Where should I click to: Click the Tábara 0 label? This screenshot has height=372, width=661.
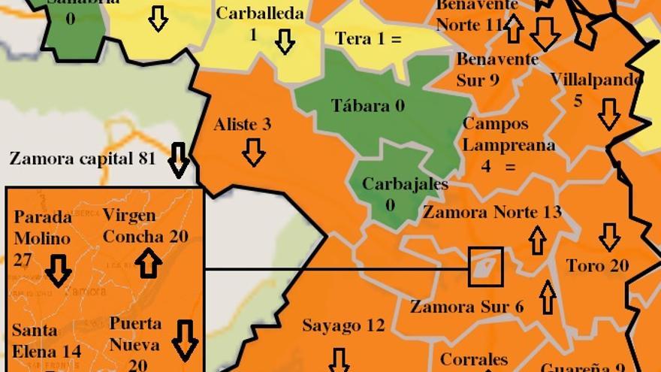point(368,106)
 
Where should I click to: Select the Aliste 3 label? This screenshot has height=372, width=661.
point(243,125)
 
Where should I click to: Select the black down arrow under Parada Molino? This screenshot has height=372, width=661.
point(58,271)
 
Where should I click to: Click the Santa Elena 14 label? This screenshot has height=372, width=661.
point(46,340)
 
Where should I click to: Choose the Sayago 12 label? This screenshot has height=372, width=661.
point(343,325)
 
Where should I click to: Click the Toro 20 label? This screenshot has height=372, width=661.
point(597,265)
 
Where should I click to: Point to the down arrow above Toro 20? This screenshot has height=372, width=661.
point(609,237)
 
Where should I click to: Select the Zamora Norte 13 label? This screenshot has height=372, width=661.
point(492,213)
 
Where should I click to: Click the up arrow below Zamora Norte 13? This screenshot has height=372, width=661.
point(537,240)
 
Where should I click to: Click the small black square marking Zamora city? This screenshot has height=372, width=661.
point(485,268)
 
